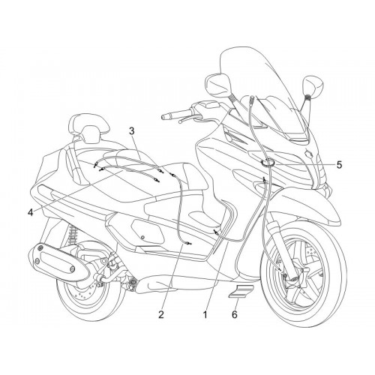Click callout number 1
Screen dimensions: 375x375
point(205,315)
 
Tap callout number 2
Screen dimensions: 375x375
point(161,314)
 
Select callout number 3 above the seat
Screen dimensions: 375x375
point(132,130)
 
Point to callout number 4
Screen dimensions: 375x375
point(30,212)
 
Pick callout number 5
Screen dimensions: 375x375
point(339,165)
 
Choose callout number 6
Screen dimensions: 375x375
point(234,314)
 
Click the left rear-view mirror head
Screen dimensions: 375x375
point(216,84)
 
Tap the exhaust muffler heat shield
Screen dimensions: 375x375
point(55,262)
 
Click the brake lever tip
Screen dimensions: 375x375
point(180,121)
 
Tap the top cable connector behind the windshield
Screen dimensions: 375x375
point(253,98)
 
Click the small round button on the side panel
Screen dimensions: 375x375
point(142,237)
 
